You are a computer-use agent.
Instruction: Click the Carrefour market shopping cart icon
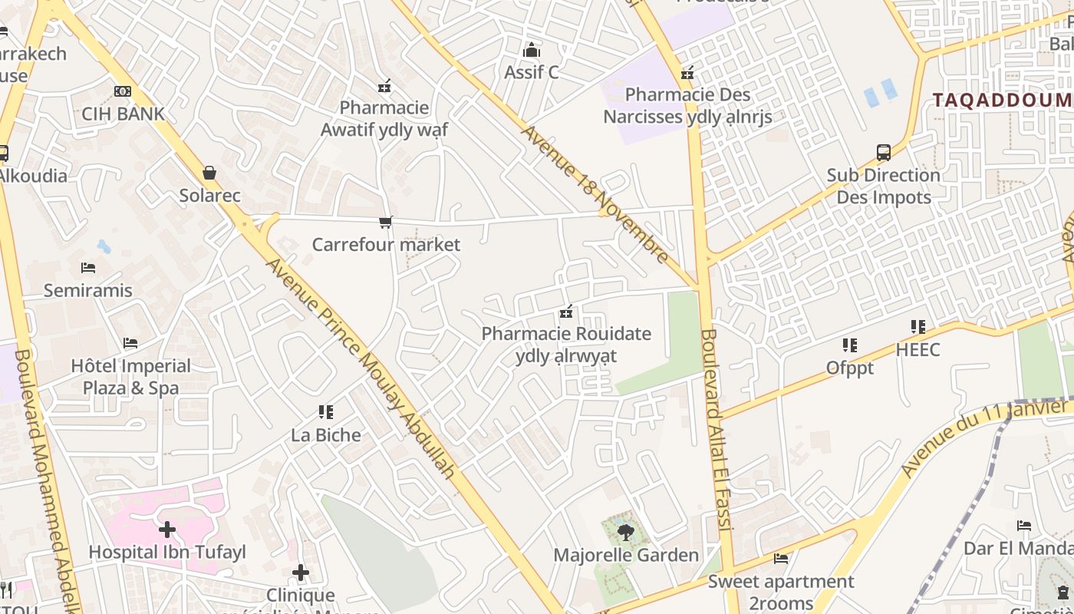[385, 223]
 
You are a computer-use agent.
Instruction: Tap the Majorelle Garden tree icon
[626, 532]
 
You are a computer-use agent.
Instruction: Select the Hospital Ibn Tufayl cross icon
[167, 530]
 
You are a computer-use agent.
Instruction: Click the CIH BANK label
[123, 114]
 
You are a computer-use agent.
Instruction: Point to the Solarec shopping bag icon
[209, 173]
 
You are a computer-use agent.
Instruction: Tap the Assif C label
[531, 72]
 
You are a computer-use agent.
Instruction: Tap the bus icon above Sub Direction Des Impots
[884, 153]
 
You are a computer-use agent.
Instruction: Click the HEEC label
[918, 349]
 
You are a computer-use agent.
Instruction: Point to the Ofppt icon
[849, 345]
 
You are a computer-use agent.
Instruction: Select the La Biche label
[326, 434]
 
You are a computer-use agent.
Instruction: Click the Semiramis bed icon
[88, 268]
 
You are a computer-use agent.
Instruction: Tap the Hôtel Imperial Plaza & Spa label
[131, 376]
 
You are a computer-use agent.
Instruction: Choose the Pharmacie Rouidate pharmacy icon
[567, 312]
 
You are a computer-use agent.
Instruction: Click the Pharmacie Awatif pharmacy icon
[384, 86]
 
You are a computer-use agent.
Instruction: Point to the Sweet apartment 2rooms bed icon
[781, 559]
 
